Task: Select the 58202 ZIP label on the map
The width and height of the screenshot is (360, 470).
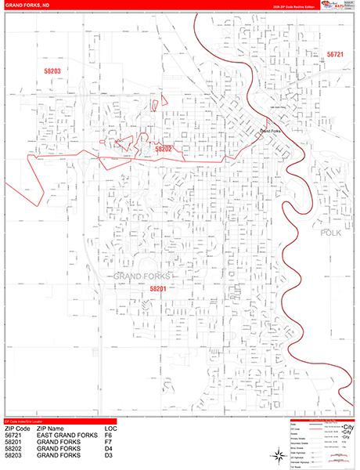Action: [164, 148]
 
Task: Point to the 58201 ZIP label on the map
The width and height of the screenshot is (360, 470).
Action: [158, 289]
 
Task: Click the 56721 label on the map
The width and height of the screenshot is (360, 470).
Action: [335, 54]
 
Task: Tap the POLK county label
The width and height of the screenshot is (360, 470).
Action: [332, 233]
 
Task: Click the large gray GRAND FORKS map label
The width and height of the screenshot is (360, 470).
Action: [143, 277]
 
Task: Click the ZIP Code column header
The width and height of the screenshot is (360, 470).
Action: [18, 430]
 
